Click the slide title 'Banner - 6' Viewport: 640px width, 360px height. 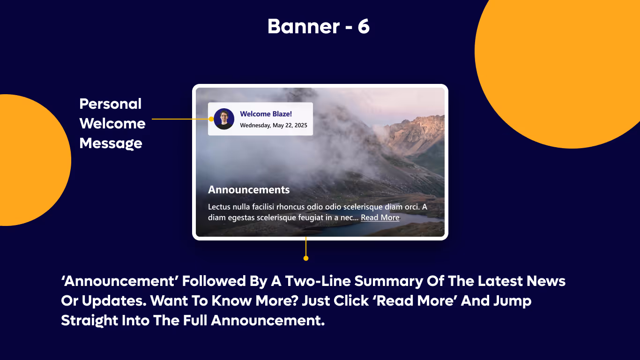[x=319, y=27]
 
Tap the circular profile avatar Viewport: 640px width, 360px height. [x=224, y=119]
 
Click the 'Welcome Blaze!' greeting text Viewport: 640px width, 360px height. [x=266, y=114]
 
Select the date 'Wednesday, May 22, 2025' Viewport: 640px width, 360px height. [x=274, y=125]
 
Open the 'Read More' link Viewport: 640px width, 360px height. [x=380, y=217]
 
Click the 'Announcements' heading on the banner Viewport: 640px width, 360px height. [x=249, y=190]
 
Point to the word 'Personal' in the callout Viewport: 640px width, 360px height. [x=111, y=104]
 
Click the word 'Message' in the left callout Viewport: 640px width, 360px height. [x=111, y=143]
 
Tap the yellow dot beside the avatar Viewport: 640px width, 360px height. [x=211, y=119]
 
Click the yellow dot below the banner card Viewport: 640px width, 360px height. [x=306, y=258]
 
